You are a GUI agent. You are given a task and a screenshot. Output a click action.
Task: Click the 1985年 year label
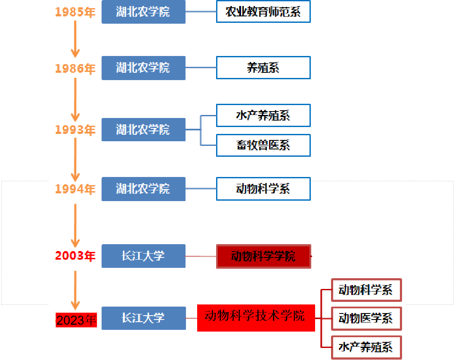click(x=75, y=12)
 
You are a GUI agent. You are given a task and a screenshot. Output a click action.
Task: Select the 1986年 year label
click(x=75, y=68)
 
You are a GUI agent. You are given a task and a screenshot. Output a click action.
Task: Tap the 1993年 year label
click(x=75, y=130)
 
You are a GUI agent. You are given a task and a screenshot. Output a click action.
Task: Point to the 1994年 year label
click(x=75, y=189)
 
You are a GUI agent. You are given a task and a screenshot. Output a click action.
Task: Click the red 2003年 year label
click(x=75, y=256)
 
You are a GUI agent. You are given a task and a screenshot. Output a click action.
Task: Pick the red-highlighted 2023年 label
click(x=76, y=320)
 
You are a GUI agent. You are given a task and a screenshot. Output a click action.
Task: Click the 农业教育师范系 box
click(x=263, y=12)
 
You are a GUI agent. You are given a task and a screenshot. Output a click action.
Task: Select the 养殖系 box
click(x=263, y=68)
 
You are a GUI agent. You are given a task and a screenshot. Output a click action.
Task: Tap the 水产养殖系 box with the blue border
click(x=263, y=115)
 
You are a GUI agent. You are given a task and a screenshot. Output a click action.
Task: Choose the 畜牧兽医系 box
click(x=263, y=145)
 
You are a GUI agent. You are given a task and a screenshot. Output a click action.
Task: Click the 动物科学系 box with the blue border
click(x=263, y=189)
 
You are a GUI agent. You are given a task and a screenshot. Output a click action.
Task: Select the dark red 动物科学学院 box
click(x=263, y=257)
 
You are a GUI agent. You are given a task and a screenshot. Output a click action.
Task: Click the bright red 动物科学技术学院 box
click(x=256, y=318)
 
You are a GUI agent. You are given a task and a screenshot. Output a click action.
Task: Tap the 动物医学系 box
click(x=366, y=318)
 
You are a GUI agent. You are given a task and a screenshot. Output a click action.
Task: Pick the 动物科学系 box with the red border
click(x=366, y=290)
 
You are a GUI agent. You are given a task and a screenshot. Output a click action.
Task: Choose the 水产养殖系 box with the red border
click(x=366, y=347)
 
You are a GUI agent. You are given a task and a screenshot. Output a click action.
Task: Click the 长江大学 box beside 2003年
click(x=143, y=256)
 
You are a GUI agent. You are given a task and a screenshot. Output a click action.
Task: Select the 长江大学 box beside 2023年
click(x=143, y=318)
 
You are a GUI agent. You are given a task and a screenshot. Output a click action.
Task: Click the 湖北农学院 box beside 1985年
click(x=143, y=12)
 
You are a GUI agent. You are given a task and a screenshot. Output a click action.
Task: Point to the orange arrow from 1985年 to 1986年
click(x=75, y=39)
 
